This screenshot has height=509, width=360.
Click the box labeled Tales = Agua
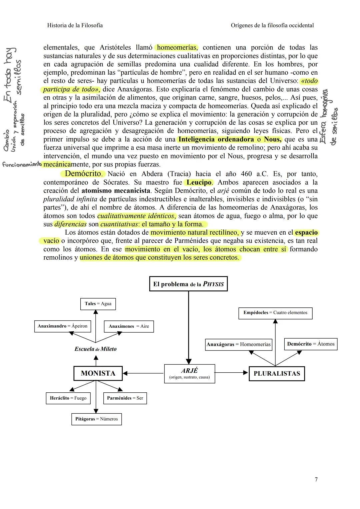click(x=98, y=304)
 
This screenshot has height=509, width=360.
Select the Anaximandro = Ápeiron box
click(x=62, y=326)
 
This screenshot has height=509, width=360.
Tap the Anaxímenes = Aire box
click(x=129, y=326)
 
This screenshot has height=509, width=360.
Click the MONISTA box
click(x=98, y=373)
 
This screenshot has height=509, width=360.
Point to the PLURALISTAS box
click(x=277, y=373)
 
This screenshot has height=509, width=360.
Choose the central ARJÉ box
click(x=189, y=373)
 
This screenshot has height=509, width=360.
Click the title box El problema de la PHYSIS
click(x=188, y=284)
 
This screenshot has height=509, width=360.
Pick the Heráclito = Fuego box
click(x=68, y=398)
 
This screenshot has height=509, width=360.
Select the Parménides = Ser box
click(x=125, y=398)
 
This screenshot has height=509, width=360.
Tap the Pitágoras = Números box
click(x=96, y=419)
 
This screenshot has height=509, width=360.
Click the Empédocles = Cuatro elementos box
click(x=275, y=313)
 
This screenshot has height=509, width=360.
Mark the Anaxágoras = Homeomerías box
click(x=239, y=344)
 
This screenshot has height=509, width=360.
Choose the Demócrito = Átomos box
click(x=311, y=344)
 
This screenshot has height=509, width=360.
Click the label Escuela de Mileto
click(x=95, y=349)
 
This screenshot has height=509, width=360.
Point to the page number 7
click(x=316, y=479)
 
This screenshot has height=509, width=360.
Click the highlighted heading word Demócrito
click(x=83, y=174)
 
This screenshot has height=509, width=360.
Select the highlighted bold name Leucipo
click(x=199, y=182)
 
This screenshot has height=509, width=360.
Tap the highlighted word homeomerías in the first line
click(x=177, y=47)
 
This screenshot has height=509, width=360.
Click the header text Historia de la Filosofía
click(x=75, y=25)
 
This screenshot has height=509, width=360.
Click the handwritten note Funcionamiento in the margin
click(x=22, y=164)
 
